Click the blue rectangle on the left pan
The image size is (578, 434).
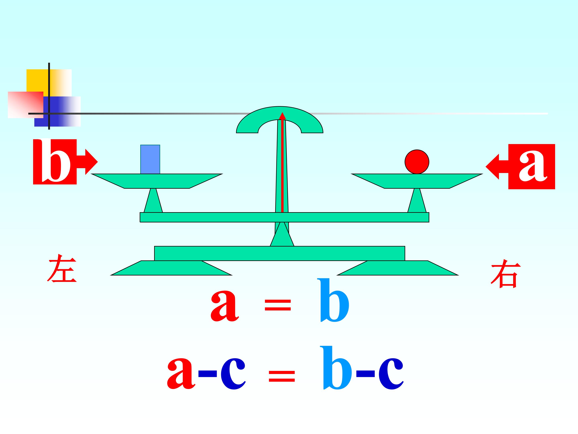coord(150,159)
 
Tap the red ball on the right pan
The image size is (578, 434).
coord(417,162)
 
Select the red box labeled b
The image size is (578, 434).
coord(55,162)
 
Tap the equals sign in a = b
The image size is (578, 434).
coord(278,305)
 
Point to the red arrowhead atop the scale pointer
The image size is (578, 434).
coord(282,116)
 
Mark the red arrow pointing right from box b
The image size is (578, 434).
coord(87,162)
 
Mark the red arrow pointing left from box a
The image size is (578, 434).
coord(497,166)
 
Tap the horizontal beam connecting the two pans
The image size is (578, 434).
coord(284,217)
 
